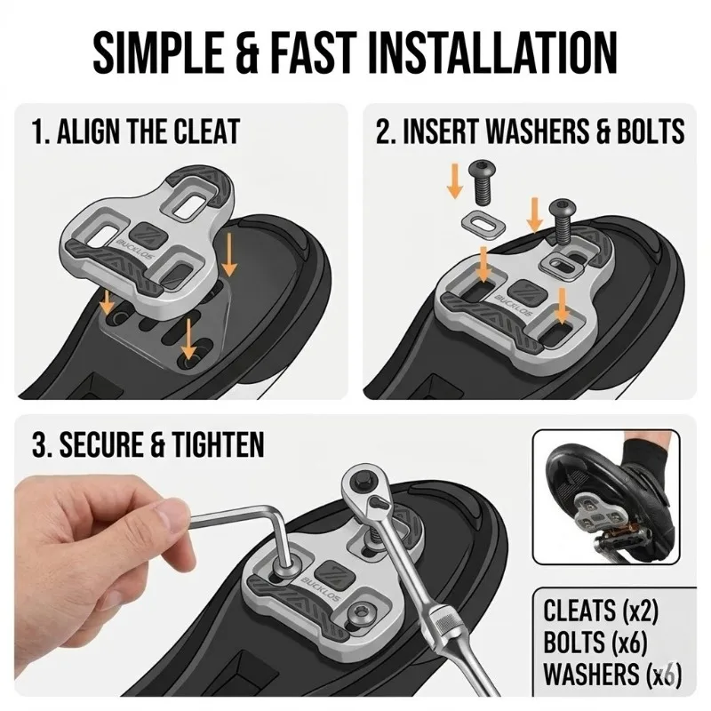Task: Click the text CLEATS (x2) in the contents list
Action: [x=601, y=611]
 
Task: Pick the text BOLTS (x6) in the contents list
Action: [x=595, y=642]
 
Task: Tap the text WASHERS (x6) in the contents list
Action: [x=612, y=675]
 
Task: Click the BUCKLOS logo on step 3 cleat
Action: [x=320, y=587]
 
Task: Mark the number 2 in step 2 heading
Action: [x=383, y=132]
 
